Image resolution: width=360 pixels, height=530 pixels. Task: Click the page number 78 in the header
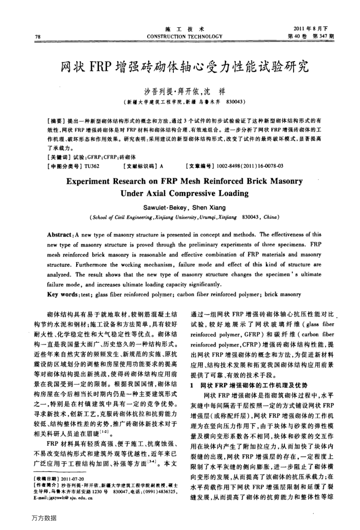click(38, 36)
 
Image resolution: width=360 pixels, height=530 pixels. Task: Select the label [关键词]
click(55, 145)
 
